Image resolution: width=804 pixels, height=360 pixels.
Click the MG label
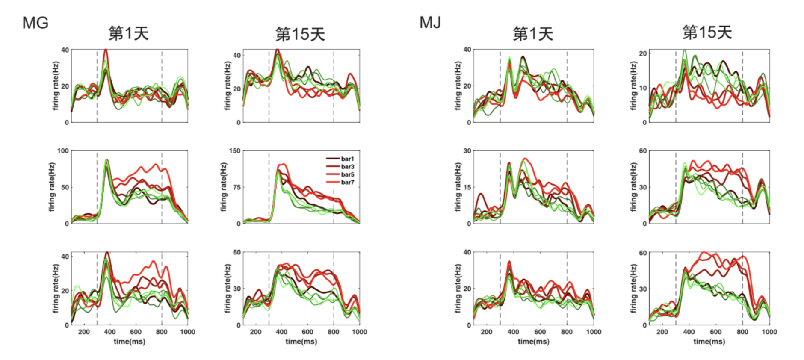click(35, 23)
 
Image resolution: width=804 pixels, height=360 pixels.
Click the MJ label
click(430, 23)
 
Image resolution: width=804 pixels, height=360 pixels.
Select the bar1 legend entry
click(347, 159)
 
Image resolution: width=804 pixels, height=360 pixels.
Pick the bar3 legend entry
click(347, 167)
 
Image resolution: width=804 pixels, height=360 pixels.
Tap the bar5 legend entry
click(347, 174)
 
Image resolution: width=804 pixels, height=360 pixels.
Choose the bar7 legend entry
click(347, 182)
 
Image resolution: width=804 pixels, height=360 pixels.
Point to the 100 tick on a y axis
click(63, 151)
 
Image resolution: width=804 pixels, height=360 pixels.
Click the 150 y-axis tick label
click(235, 151)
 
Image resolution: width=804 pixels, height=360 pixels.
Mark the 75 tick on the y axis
click(236, 187)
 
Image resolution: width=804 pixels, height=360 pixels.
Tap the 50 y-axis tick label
click(65, 187)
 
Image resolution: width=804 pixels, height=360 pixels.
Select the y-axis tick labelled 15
click(467, 187)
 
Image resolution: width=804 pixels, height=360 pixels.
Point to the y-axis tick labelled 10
click(642, 88)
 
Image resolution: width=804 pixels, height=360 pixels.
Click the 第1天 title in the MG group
click(128, 33)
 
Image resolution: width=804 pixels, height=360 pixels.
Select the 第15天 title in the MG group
click(300, 34)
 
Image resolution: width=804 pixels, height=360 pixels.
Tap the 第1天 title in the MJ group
click(533, 33)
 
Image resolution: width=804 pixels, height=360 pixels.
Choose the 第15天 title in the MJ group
click(707, 32)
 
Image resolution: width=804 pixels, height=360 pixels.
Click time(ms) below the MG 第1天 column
click(129, 342)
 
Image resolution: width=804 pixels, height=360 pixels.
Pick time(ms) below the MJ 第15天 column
click(709, 342)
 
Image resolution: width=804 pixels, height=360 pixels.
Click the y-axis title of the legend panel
click(223, 187)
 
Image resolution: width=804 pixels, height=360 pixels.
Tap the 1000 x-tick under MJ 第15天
click(769, 332)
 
